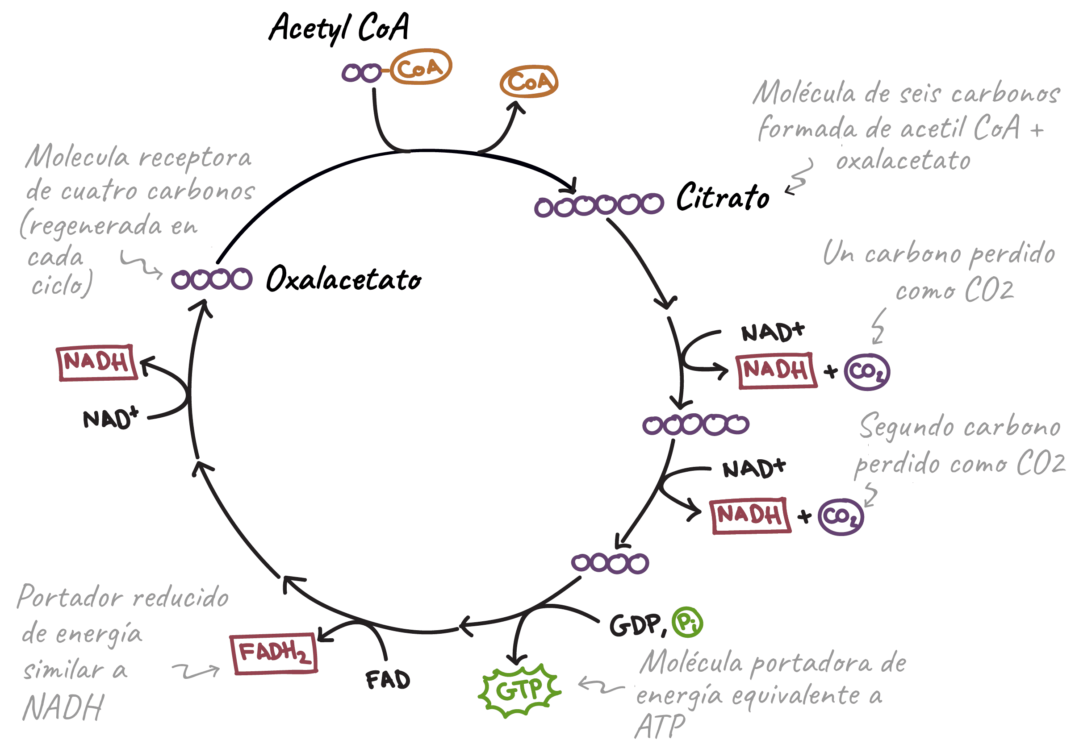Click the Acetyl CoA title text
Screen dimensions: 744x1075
[339, 28]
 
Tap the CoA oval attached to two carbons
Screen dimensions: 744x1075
[421, 67]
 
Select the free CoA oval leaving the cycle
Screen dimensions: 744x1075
[529, 82]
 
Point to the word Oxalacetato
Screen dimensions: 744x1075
[344, 279]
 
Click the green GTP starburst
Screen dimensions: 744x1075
[519, 690]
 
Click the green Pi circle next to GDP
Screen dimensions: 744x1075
[687, 622]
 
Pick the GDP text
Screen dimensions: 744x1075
[635, 625]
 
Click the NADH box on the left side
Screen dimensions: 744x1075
[97, 363]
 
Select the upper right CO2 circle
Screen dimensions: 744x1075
[866, 371]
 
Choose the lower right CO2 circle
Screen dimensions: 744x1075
[841, 516]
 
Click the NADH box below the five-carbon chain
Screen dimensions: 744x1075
[750, 515]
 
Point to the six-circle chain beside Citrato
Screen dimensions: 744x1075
[598, 205]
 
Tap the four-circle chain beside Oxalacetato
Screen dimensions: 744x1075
[211, 279]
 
